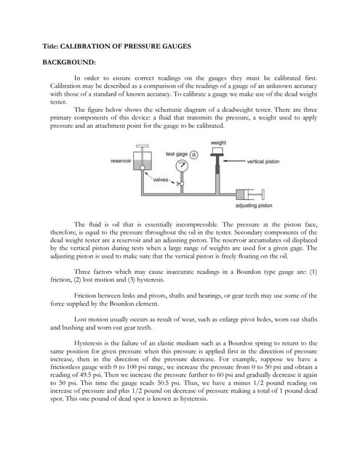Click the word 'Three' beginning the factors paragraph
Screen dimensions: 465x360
coord(84,270)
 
